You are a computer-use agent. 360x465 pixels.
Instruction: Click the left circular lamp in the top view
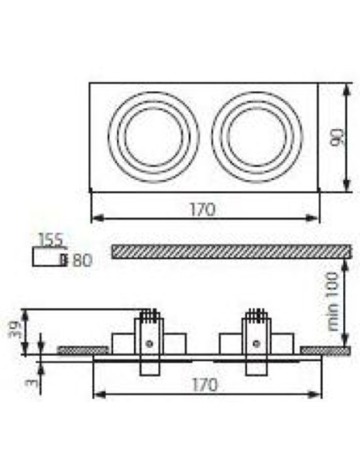tap(151, 136)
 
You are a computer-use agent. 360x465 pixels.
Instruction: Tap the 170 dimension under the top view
tap(204, 209)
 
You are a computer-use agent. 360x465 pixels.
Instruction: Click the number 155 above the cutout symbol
tap(50, 239)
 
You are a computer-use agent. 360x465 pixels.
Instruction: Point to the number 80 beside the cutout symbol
tap(81, 259)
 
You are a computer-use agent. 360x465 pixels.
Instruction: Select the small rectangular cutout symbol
tap(48, 257)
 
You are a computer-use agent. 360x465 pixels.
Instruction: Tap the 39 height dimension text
tap(14, 328)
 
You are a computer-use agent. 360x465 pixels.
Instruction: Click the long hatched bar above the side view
tap(231, 252)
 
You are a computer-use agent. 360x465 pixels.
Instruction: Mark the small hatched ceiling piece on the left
tap(83, 350)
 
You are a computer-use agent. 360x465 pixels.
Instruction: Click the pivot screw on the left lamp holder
tap(148, 343)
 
